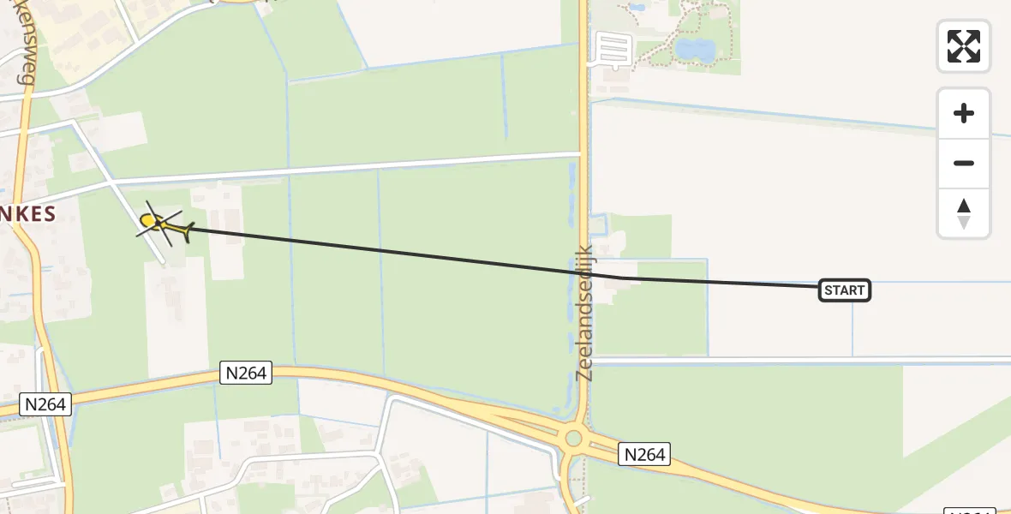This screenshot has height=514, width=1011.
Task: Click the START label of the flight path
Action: tap(845, 290)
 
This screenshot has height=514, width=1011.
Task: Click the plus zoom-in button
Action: tap(964, 113)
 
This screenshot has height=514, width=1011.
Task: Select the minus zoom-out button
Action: tap(964, 163)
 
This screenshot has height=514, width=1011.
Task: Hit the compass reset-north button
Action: tap(964, 213)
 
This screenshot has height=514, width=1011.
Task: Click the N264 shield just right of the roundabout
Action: tap(644, 454)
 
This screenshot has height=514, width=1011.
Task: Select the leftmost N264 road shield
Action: tap(45, 403)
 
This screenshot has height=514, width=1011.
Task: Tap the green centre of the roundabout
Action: tap(573, 439)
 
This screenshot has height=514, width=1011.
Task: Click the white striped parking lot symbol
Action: tap(613, 48)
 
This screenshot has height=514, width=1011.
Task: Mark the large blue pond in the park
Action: tap(694, 49)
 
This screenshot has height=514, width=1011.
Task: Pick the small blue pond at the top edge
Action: tap(636, 7)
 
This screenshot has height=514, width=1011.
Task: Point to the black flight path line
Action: tap(386, 251)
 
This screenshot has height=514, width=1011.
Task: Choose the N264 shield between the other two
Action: tap(247, 373)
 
